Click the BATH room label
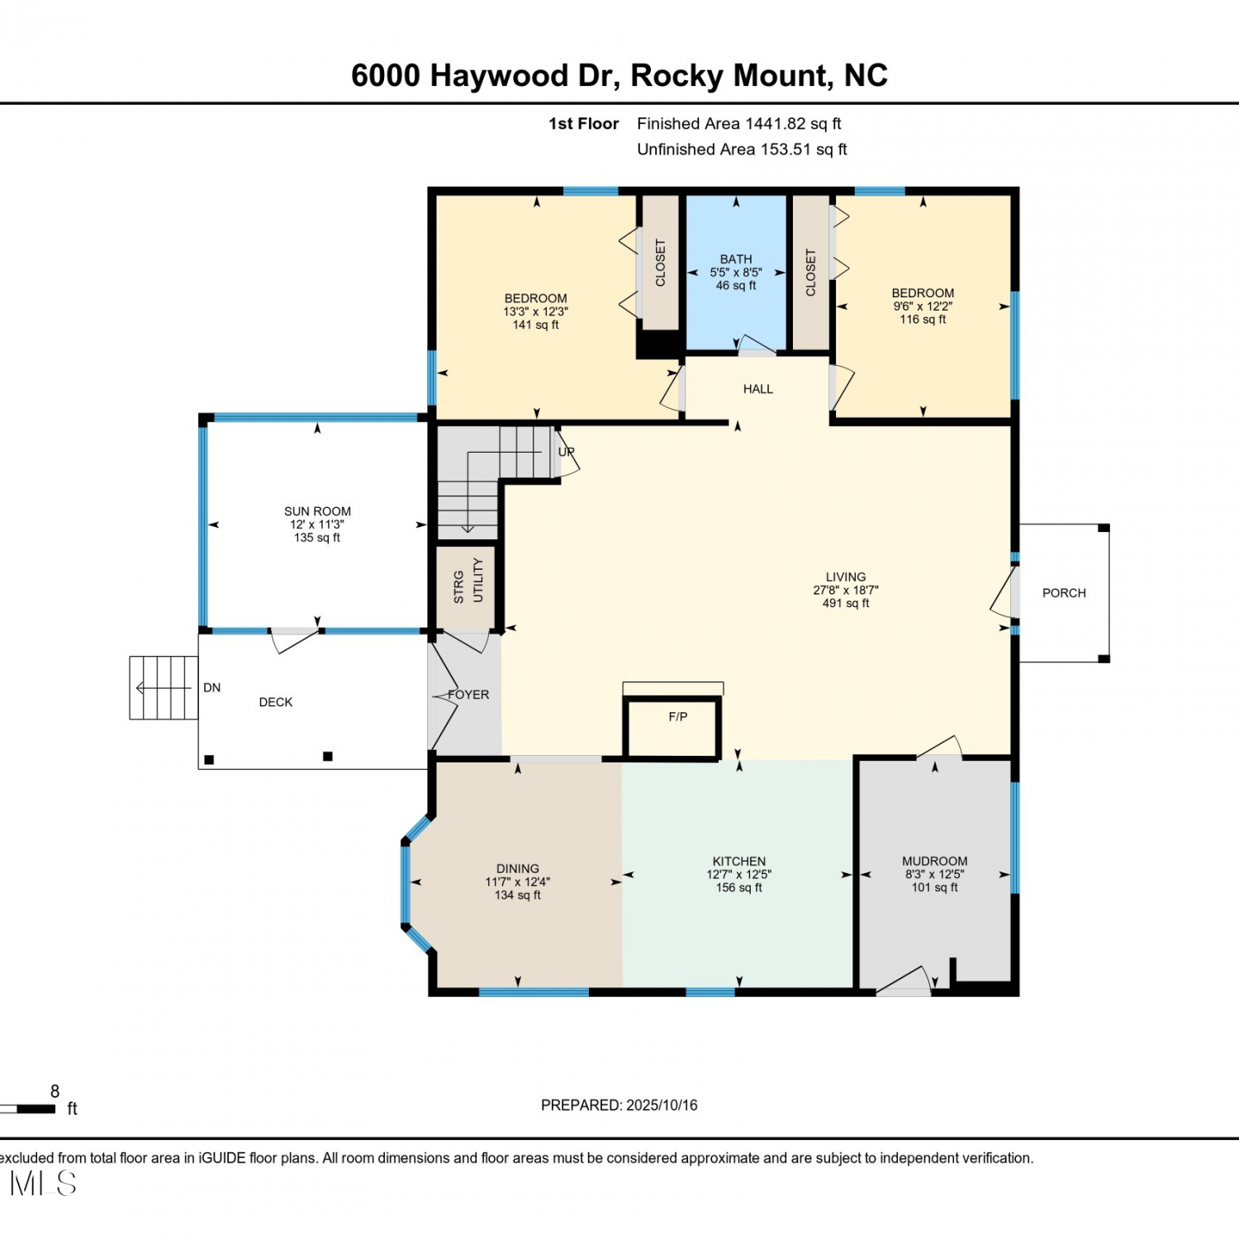click(736, 259)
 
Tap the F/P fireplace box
click(672, 727)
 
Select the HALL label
click(758, 389)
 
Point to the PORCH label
click(1064, 593)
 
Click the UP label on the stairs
click(566, 452)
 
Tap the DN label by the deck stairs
click(212, 687)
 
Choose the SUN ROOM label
click(317, 511)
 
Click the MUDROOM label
click(935, 861)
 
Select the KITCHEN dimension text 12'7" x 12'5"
click(739, 874)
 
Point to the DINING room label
click(518, 868)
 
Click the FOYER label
click(468, 695)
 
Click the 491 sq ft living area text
click(846, 603)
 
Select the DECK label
click(276, 702)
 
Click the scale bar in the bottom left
click(28, 1108)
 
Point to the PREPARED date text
click(619, 1105)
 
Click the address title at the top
click(619, 75)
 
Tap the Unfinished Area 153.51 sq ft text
click(742, 150)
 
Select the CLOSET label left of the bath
click(660, 263)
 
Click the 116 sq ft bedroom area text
click(923, 319)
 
